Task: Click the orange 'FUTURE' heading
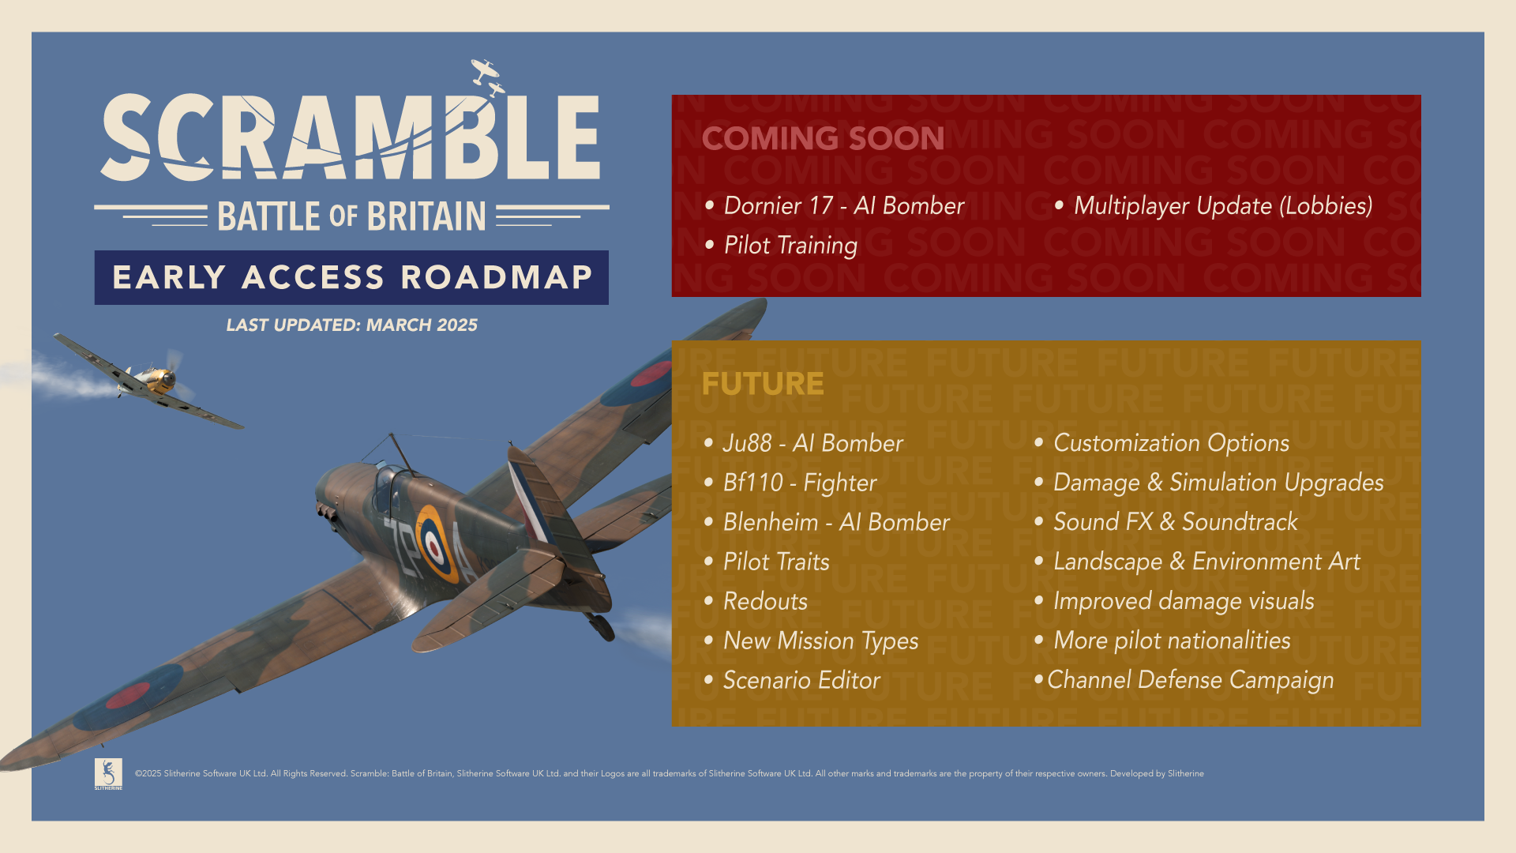tap(763, 384)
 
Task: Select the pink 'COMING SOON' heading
tap(823, 138)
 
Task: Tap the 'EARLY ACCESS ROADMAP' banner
tap(351, 277)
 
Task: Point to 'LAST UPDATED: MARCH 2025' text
tap(351, 325)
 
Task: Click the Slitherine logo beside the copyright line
tap(108, 774)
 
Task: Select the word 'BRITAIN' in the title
tap(426, 216)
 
